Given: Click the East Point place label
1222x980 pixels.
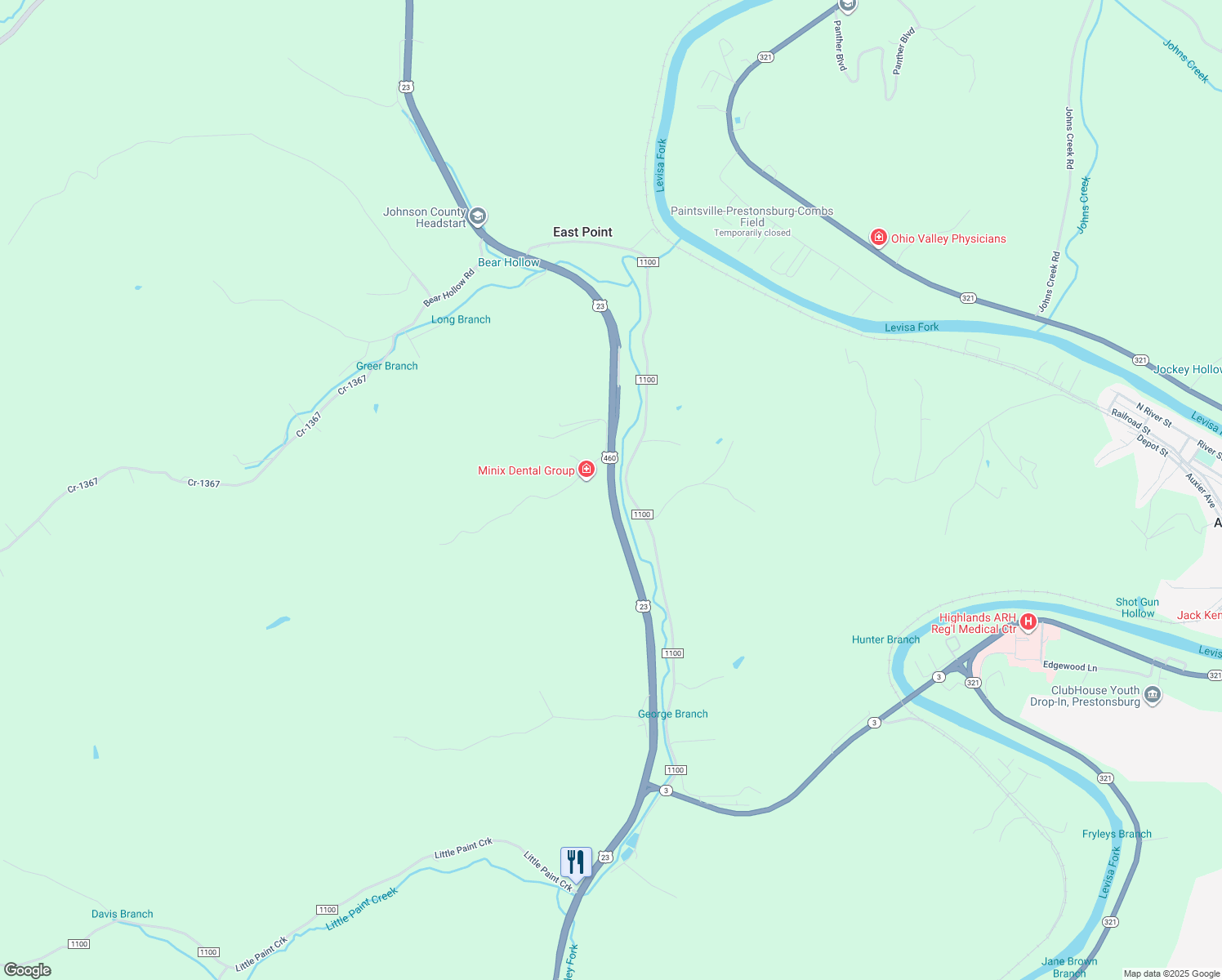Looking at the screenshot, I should [x=582, y=232].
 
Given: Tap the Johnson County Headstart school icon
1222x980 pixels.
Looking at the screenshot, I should [x=478, y=216].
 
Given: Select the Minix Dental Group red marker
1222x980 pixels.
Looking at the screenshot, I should [x=586, y=470].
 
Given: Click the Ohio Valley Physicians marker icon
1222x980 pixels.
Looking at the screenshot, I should [x=879, y=238].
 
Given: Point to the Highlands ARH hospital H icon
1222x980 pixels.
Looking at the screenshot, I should [x=1028, y=622].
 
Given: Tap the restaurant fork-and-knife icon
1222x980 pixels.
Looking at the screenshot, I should [x=576, y=862].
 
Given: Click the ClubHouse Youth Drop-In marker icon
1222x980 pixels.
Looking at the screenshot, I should [x=1153, y=695].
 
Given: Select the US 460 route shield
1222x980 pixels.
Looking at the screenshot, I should [x=609, y=458].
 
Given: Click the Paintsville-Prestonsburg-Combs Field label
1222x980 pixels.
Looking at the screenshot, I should [x=751, y=216].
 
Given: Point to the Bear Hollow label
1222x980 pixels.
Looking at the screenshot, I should [x=508, y=262].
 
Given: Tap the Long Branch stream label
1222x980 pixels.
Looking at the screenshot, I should [x=461, y=319].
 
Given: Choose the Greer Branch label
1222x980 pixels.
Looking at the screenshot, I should [x=386, y=366].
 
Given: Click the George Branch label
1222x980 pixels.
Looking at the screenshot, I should [x=672, y=714].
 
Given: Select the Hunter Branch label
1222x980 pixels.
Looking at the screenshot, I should [x=885, y=639].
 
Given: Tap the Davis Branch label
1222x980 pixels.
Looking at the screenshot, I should [x=122, y=914].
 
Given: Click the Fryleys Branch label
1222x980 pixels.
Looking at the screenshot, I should [x=1117, y=834].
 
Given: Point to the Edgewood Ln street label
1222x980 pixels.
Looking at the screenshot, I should [x=1069, y=666].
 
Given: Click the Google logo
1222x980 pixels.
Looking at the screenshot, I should [x=28, y=970].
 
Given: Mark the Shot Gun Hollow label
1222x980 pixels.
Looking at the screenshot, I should [x=1137, y=608].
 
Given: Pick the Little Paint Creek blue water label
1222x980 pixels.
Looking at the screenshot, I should [x=361, y=908].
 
